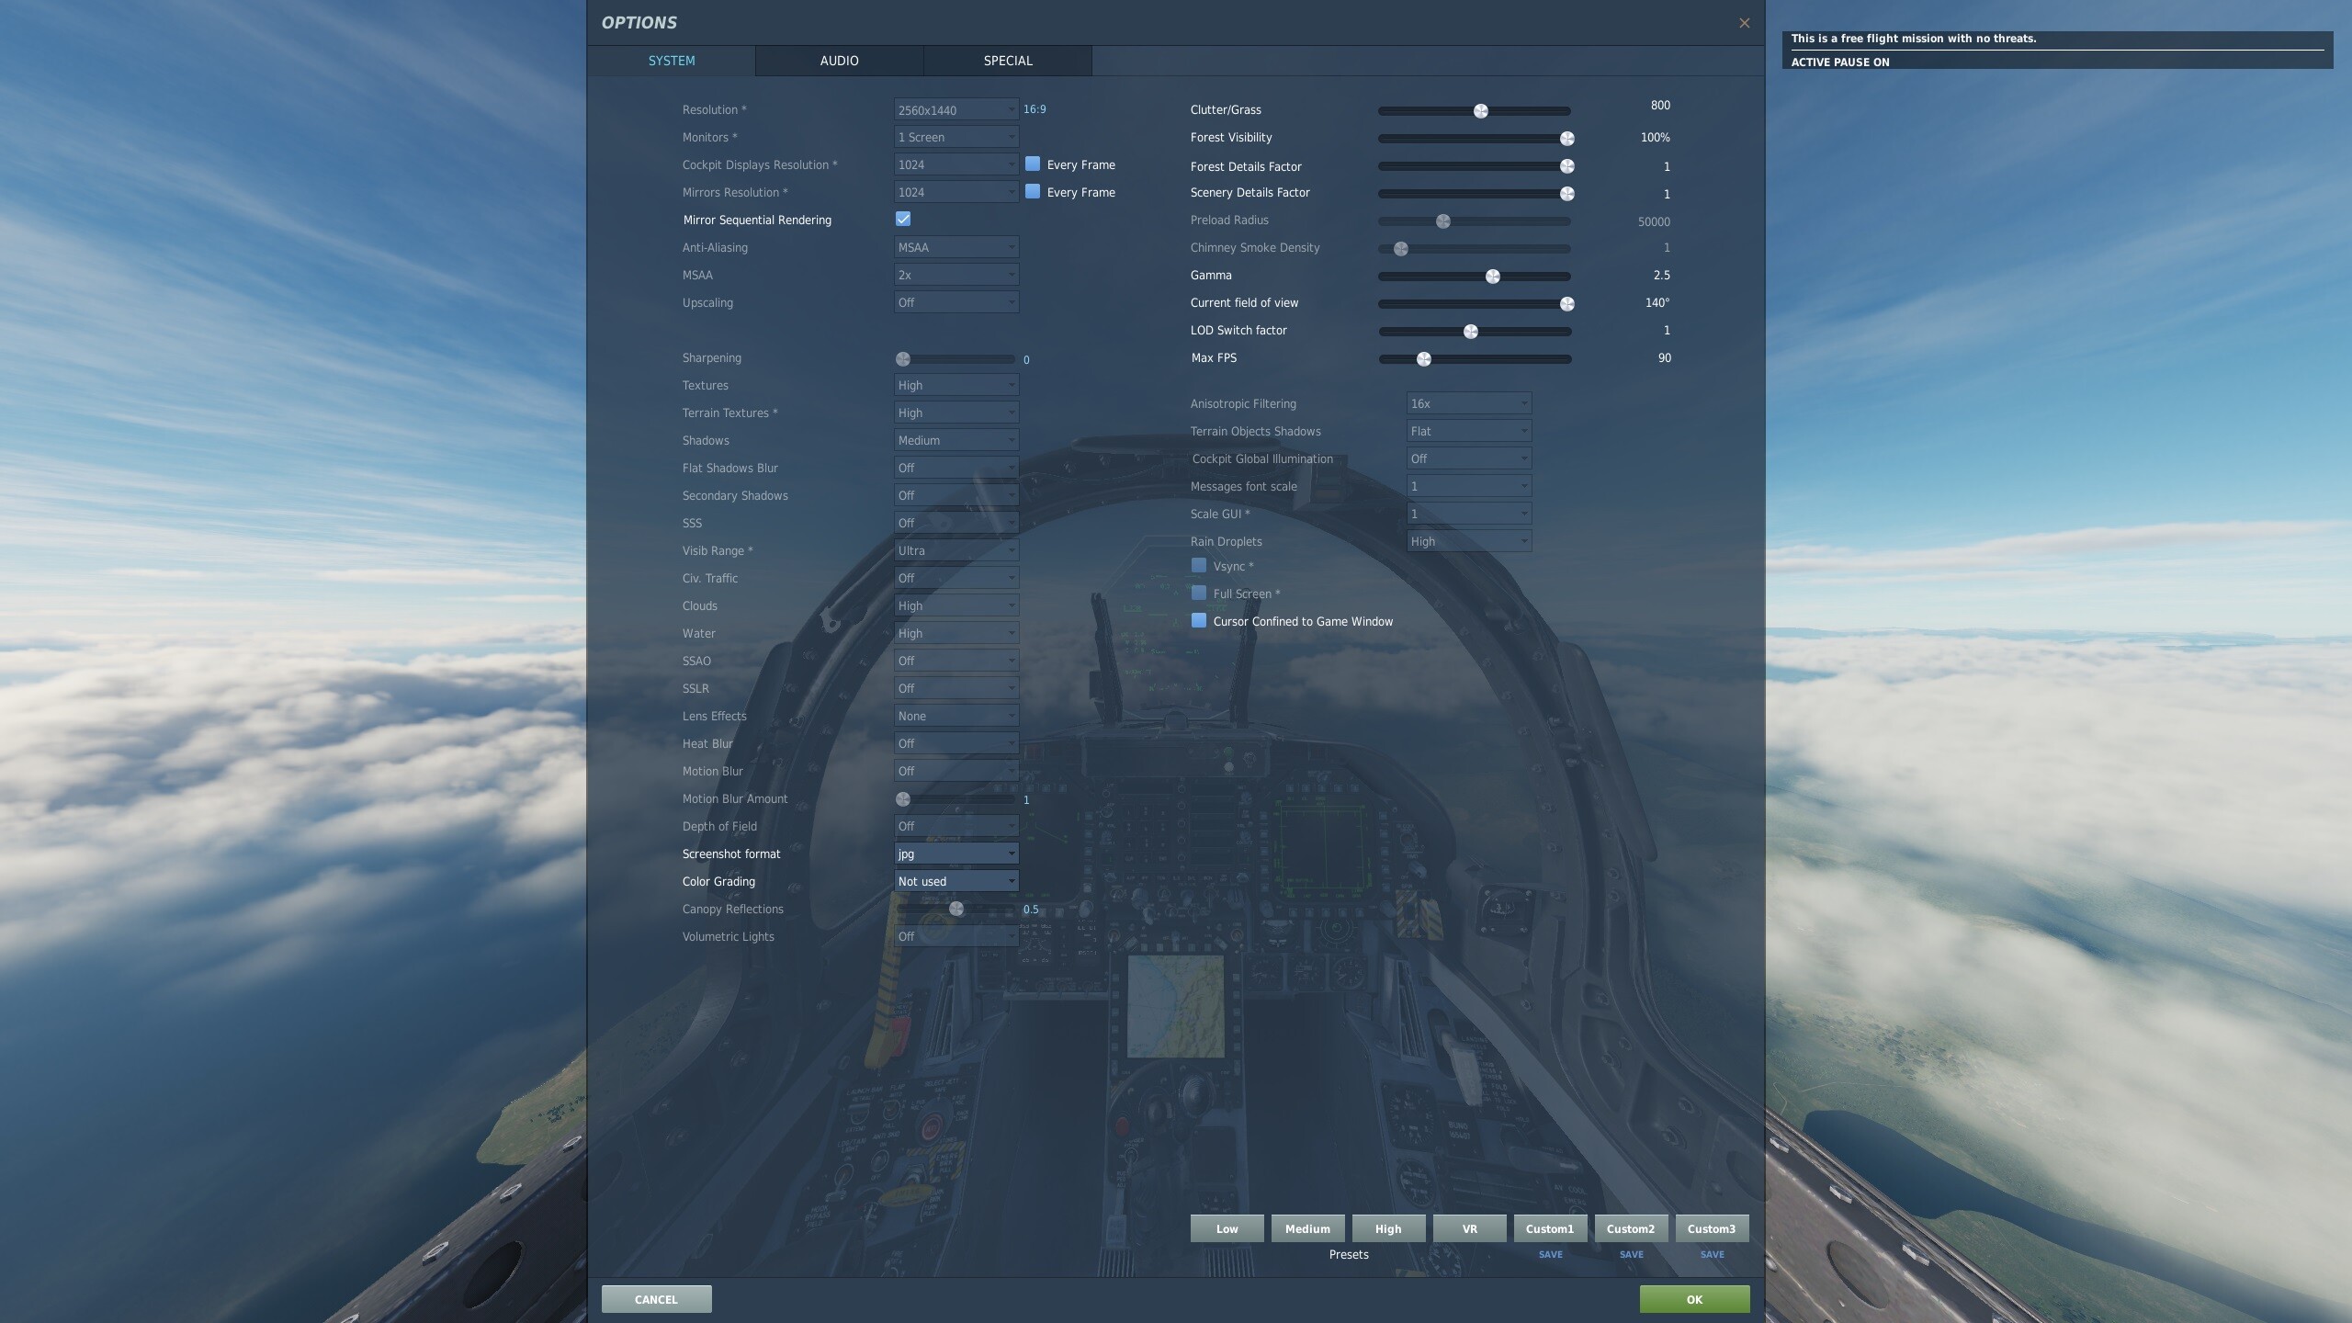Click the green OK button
point(1694,1299)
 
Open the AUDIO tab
point(839,61)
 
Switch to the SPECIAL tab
point(1008,61)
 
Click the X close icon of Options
point(1744,23)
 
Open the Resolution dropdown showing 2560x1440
point(955,109)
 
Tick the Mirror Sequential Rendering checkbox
point(903,219)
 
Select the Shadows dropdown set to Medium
point(955,440)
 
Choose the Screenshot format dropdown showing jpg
point(955,854)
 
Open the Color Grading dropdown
point(955,881)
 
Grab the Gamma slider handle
point(1493,277)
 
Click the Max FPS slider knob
point(1424,359)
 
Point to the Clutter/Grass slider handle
point(1480,111)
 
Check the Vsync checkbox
point(1198,565)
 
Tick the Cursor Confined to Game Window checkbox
point(1198,620)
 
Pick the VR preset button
point(1469,1228)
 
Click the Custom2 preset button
point(1631,1228)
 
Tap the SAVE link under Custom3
point(1712,1254)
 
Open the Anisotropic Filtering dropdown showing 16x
point(1468,403)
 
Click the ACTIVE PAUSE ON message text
point(1839,62)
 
